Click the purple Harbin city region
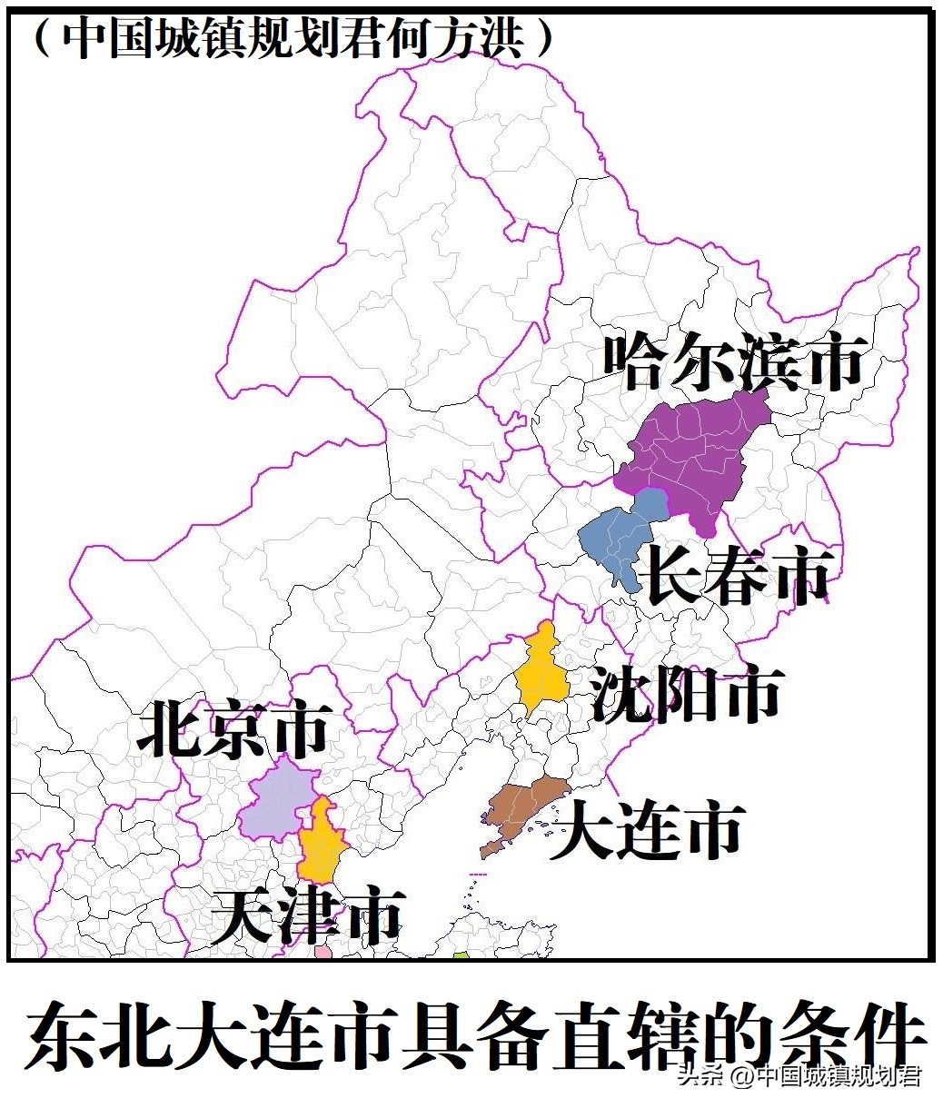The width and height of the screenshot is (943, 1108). pos(690,454)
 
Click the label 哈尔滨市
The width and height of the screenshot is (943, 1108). pos(732,361)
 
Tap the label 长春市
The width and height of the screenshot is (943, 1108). pos(736,574)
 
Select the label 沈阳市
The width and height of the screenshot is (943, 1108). pos(686,695)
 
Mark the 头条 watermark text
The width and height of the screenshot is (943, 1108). pos(700,1076)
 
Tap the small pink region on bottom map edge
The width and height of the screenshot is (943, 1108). pos(323,953)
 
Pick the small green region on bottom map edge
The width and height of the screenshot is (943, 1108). pos(462,955)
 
